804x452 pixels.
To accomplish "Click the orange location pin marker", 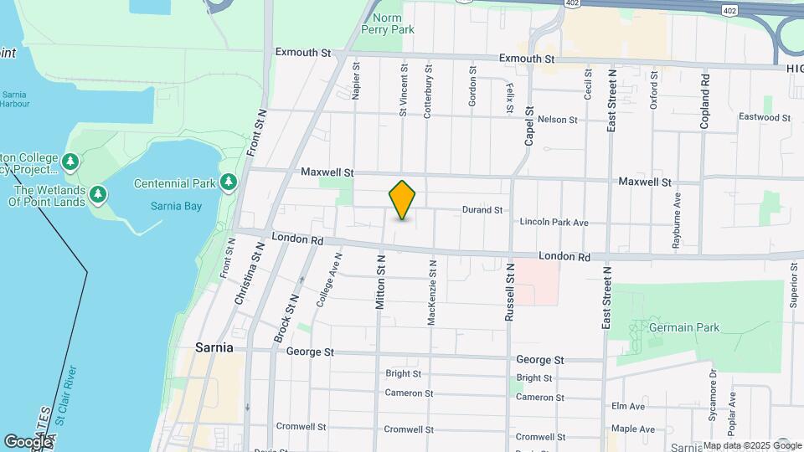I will [x=402, y=200].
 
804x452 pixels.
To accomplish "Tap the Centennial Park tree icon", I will [x=228, y=182].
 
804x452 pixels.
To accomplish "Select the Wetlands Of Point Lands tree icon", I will [x=99, y=195].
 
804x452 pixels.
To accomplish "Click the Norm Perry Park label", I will [x=387, y=23].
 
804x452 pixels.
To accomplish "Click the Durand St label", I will [x=482, y=210].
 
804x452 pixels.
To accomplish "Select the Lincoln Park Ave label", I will [x=554, y=223].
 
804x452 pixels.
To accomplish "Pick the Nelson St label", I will [x=558, y=120].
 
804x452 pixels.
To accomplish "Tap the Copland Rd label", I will [x=706, y=101].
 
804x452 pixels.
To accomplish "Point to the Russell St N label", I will [x=509, y=293].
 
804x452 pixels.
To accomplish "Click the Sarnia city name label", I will [x=214, y=347].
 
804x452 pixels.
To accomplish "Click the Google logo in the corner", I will [x=28, y=441].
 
